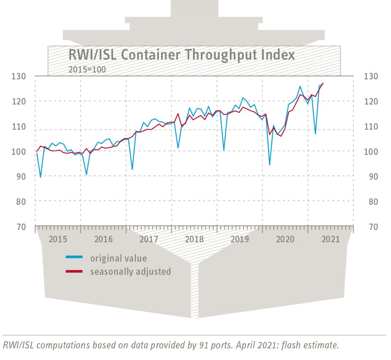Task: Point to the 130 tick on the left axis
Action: (18, 76)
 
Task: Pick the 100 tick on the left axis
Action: (18, 151)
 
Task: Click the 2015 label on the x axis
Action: (58, 239)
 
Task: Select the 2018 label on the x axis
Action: (194, 239)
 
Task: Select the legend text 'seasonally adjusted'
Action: (130, 272)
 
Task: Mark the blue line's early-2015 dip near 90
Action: (40, 177)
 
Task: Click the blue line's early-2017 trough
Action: (132, 169)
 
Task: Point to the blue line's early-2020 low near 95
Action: (270, 165)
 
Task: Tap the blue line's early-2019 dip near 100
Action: (224, 150)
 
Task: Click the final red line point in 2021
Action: (323, 83)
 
